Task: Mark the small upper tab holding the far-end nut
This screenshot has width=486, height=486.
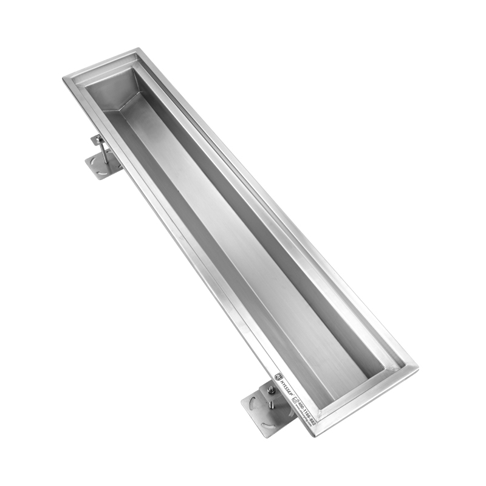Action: [97, 139]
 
